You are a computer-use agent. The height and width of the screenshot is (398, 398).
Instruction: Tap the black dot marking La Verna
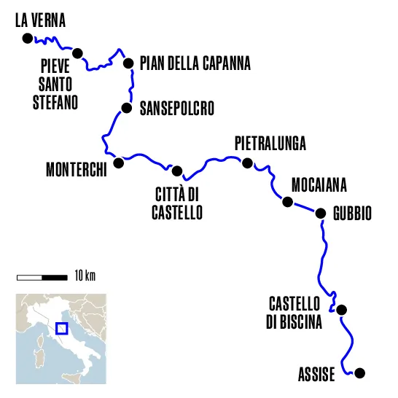(x=28, y=38)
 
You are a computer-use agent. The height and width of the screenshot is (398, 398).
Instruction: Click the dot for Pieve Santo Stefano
(x=77, y=52)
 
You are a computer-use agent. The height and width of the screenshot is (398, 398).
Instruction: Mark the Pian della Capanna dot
(x=129, y=63)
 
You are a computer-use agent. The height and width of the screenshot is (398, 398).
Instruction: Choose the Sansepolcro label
(x=177, y=109)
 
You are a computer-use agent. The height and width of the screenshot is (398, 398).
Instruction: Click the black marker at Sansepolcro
(x=127, y=109)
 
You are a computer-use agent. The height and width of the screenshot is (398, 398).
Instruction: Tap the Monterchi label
(x=77, y=169)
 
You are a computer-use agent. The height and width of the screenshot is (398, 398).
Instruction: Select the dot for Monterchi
(x=119, y=163)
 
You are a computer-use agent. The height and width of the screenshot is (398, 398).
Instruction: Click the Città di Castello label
(x=176, y=203)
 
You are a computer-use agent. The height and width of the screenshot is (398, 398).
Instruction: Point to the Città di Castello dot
(x=177, y=171)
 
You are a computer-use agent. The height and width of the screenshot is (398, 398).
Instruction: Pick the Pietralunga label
(x=270, y=142)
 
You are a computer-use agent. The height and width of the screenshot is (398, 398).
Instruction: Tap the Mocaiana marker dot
(x=288, y=202)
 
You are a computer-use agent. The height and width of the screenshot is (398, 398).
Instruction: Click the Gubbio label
(x=353, y=214)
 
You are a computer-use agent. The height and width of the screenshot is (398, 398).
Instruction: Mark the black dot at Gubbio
(x=320, y=213)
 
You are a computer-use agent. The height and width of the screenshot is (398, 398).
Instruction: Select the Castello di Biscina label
(x=294, y=313)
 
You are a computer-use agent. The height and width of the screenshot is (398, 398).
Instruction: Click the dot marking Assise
(x=358, y=373)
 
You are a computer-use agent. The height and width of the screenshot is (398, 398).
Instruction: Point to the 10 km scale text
(x=85, y=276)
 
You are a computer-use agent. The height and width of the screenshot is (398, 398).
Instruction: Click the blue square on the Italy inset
(x=62, y=328)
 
